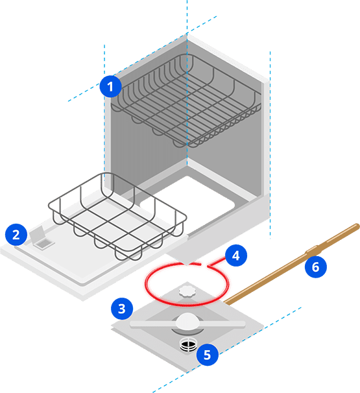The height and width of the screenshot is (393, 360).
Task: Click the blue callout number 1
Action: tap(110, 86)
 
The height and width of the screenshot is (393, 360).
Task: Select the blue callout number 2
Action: tap(16, 235)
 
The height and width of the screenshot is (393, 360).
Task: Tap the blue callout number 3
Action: tap(122, 309)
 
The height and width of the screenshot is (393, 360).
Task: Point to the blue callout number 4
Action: tap(236, 256)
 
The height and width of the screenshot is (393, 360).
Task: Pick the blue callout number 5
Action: tap(208, 355)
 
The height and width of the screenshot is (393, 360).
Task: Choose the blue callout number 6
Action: tap(316, 267)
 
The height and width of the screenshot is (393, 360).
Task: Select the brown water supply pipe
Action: tap(291, 264)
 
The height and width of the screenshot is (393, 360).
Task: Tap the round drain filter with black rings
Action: tap(189, 346)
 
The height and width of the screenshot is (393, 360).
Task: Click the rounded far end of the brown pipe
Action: tap(357, 226)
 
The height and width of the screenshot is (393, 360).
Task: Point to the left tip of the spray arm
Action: tap(132, 324)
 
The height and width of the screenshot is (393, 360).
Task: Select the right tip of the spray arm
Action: tap(243, 324)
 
